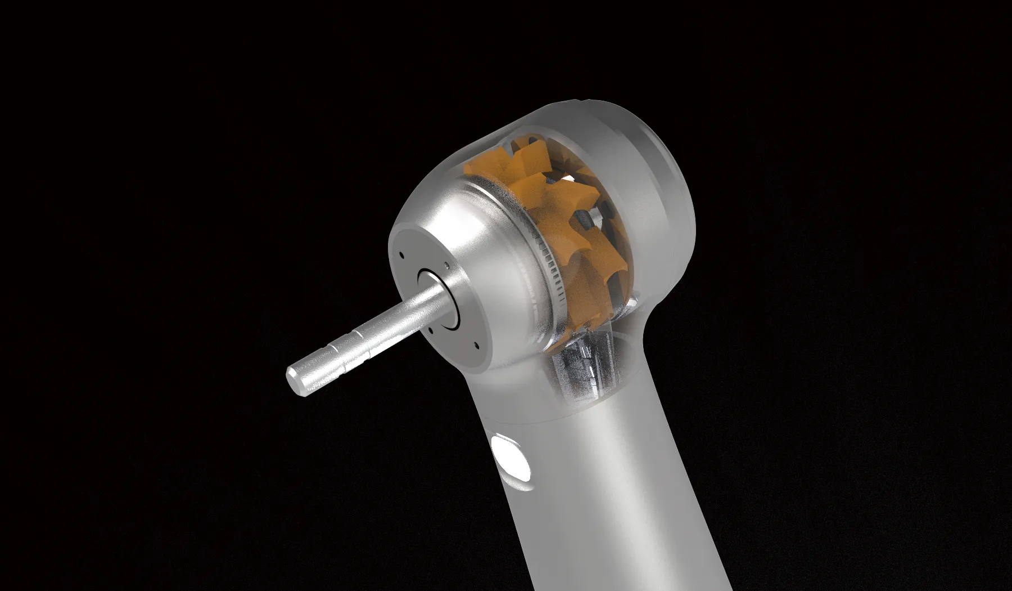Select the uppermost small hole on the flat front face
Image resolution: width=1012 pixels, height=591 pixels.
401,254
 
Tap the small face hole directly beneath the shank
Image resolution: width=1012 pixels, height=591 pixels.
431,331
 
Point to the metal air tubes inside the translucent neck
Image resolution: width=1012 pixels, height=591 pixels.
579,366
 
